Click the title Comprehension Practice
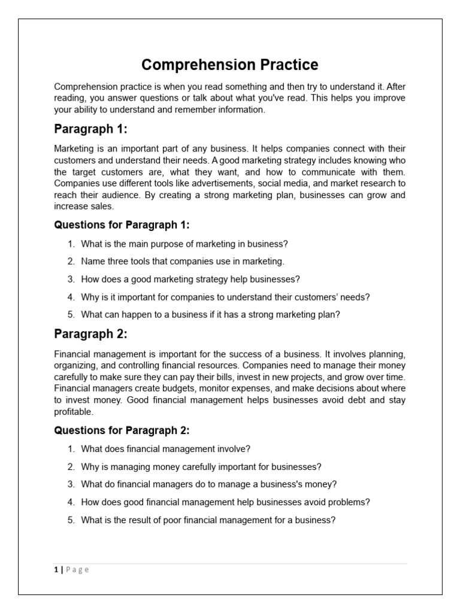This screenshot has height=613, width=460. click(230, 65)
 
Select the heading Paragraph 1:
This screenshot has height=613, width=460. click(90, 129)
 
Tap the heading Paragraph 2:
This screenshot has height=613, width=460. click(90, 333)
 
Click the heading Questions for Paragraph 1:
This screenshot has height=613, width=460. click(122, 225)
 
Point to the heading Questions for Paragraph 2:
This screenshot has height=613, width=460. click(122, 430)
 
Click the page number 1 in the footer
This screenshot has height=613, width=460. click(56, 570)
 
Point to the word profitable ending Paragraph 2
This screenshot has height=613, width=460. click(74, 411)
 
